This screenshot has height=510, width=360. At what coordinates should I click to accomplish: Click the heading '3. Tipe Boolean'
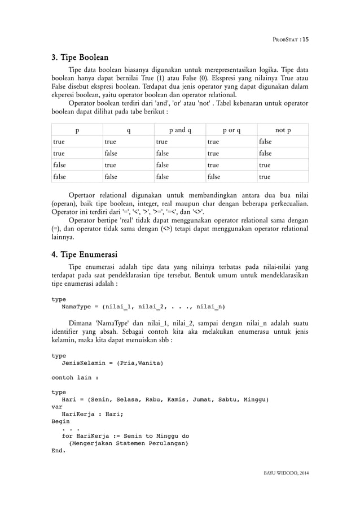(x=80, y=58)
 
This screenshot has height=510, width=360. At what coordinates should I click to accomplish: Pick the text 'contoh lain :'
(x=75, y=377)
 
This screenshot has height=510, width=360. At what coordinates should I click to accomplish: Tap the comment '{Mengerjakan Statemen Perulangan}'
(x=129, y=443)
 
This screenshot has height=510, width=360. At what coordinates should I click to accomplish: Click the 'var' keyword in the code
(x=57, y=406)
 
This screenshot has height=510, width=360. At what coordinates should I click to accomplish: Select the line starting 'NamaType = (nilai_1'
(x=143, y=307)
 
